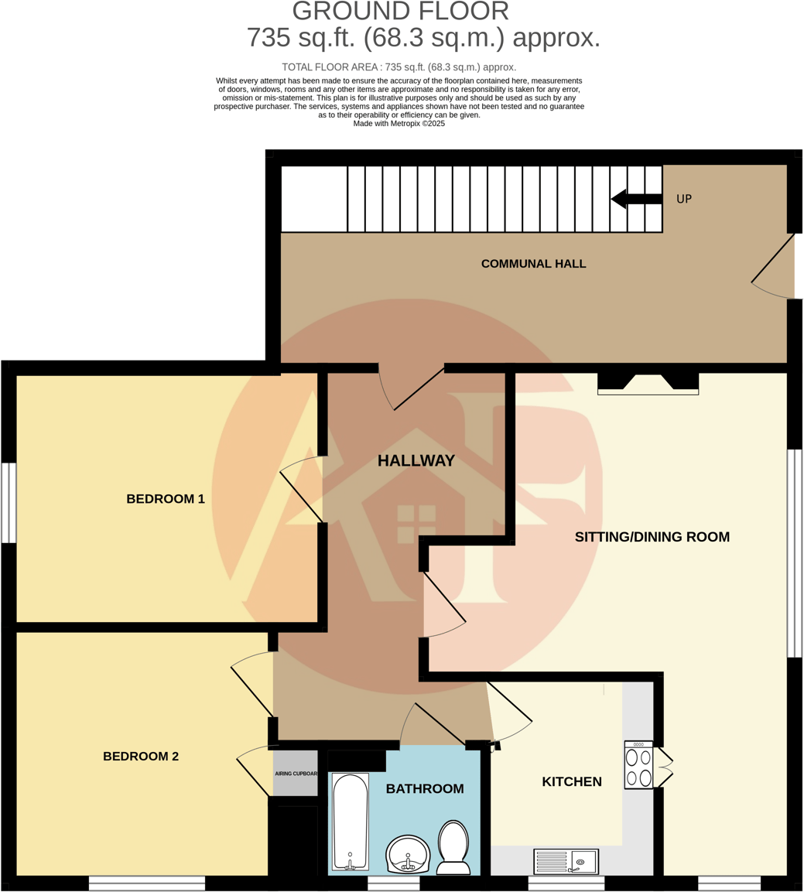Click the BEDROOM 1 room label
pyautogui.click(x=166, y=499)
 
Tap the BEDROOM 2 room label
pyautogui.click(x=141, y=756)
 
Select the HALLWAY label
pyautogui.click(x=416, y=461)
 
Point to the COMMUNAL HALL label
pyautogui.click(x=533, y=264)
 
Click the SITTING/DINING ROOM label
pyautogui.click(x=652, y=537)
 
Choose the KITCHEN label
pyautogui.click(x=571, y=781)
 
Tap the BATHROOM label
pyautogui.click(x=425, y=788)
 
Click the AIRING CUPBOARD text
pyautogui.click(x=296, y=774)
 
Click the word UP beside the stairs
pyautogui.click(x=684, y=199)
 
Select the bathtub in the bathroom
pyautogui.click(x=351, y=822)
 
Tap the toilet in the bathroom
pyautogui.click(x=453, y=848)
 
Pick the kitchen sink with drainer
pyautogui.click(x=566, y=861)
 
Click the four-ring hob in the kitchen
pyautogui.click(x=638, y=767)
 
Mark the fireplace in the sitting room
pyautogui.click(x=648, y=383)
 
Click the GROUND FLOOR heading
pyautogui.click(x=401, y=12)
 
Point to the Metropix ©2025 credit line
pyautogui.click(x=399, y=124)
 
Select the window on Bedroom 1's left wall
pyautogui.click(x=9, y=503)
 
